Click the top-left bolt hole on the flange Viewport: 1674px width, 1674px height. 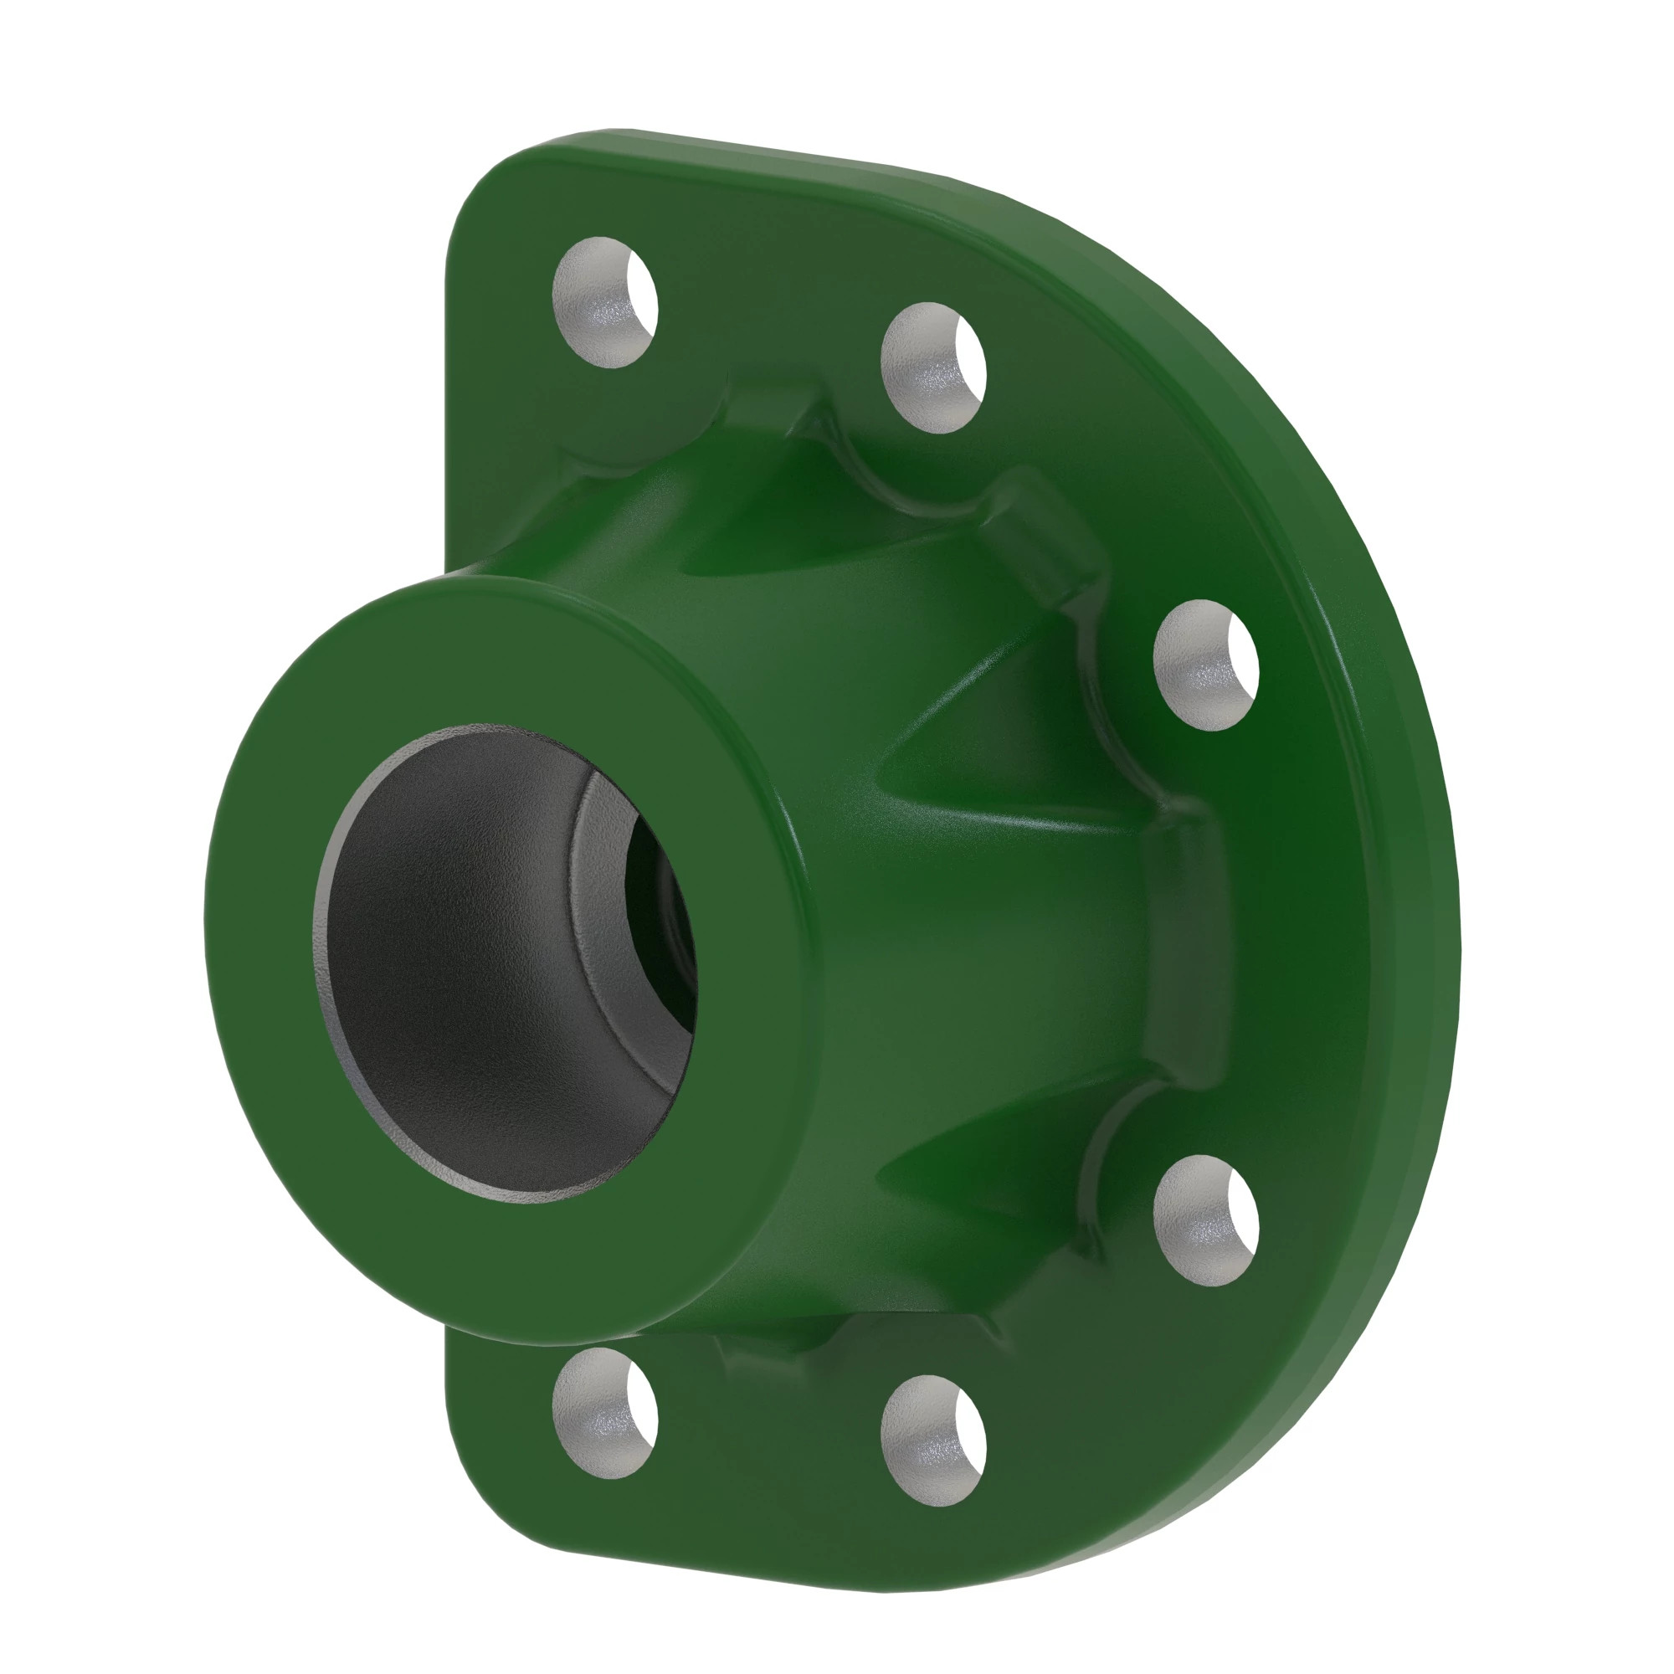point(605,301)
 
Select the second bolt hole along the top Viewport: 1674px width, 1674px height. point(932,367)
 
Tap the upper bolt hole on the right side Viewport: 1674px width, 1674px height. point(1205,665)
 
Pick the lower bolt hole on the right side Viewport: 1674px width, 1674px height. point(1205,1220)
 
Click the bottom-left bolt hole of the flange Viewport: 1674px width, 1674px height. point(605,1412)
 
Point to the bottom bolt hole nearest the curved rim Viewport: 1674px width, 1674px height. point(932,1438)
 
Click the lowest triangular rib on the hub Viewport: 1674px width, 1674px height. point(979,1161)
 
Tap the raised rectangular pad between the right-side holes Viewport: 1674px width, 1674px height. point(1183,944)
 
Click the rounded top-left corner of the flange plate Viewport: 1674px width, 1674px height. point(485,191)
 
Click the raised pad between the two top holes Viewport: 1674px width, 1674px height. point(771,408)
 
